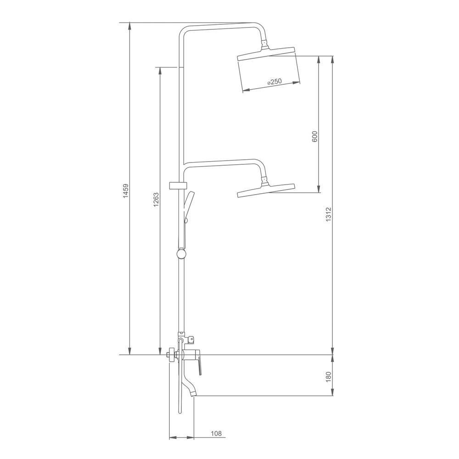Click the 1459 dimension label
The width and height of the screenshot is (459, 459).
[x=126, y=191]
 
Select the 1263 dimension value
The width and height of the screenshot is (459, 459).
[x=156, y=200]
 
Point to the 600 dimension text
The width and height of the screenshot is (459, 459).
[x=315, y=136]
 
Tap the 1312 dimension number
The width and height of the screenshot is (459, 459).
[x=328, y=214]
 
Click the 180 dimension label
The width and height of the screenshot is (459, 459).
[x=328, y=377]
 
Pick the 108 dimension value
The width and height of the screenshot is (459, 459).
[x=216, y=434]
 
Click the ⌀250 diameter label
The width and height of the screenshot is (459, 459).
[x=274, y=82]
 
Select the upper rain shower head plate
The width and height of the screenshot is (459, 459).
[x=266, y=54]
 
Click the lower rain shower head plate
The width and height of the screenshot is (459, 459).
[x=266, y=191]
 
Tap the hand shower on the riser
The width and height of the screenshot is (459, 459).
[x=188, y=207]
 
